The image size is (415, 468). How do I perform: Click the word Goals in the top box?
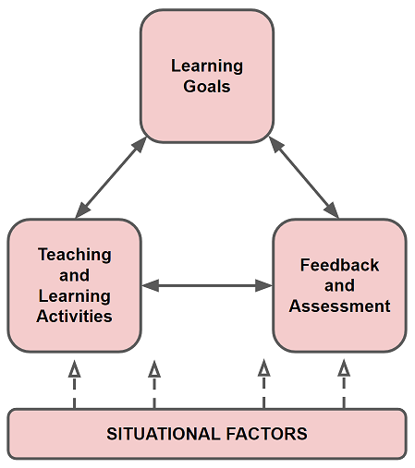pyautogui.click(x=207, y=86)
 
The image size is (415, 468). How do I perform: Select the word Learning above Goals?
pyautogui.click(x=207, y=66)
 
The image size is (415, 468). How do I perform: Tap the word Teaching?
pyautogui.click(x=75, y=255)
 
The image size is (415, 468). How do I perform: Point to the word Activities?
pyautogui.click(x=74, y=317)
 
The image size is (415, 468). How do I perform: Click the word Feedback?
pyautogui.click(x=339, y=265)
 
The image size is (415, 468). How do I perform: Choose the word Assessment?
pyautogui.click(x=339, y=306)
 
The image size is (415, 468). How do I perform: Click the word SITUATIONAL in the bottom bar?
pyautogui.click(x=164, y=434)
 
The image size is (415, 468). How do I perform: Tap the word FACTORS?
pyautogui.click(x=267, y=434)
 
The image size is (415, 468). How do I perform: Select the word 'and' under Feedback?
pyautogui.click(x=339, y=285)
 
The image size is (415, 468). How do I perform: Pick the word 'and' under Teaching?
pyautogui.click(x=75, y=275)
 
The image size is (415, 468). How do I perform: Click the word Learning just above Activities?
pyautogui.click(x=75, y=296)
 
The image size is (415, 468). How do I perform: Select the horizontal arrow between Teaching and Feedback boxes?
pyautogui.click(x=207, y=286)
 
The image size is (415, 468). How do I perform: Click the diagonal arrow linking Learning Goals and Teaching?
pyautogui.click(x=111, y=177)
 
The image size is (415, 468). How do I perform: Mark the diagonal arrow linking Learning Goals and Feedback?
pyautogui.click(x=304, y=177)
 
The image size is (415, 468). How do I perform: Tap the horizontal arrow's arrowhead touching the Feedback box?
pyautogui.click(x=264, y=286)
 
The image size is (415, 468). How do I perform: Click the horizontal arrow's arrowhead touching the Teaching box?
pyautogui.click(x=151, y=286)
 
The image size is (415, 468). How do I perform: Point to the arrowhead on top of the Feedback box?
pyautogui.click(x=332, y=210)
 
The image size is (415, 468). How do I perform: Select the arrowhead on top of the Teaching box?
pyautogui.click(x=82, y=210)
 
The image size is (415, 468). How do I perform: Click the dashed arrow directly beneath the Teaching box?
pyautogui.click(x=75, y=384)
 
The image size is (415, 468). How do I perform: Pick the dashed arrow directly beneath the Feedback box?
pyautogui.click(x=344, y=384)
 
